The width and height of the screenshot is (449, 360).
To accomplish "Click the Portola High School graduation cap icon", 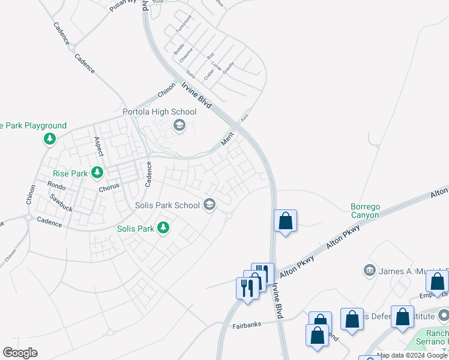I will coord(178,125).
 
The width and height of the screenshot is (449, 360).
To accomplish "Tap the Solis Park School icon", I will coord(209,205).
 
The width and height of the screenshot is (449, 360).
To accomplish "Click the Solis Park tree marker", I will coord(163,228).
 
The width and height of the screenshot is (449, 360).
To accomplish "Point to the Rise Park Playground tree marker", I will coord(50,139).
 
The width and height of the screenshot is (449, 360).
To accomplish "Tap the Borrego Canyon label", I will coord(365,211).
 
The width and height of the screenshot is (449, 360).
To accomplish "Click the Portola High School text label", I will coord(159,112).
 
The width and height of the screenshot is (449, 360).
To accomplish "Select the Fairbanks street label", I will coord(247,326).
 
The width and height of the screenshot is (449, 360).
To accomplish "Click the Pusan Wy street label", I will coord(123,6).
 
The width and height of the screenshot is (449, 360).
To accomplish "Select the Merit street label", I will coord(226,139).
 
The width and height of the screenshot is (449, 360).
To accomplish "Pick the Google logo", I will coord(20,353).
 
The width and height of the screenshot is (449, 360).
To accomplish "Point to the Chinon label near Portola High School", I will coord(166,94).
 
